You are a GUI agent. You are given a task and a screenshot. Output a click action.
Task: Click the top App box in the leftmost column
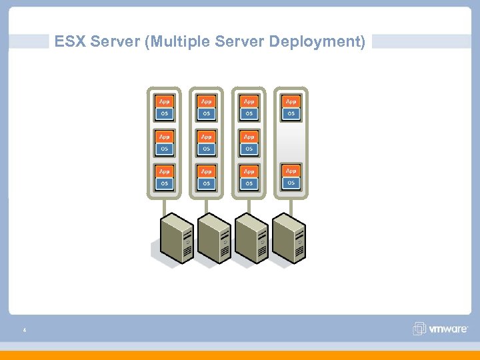(x=164, y=101)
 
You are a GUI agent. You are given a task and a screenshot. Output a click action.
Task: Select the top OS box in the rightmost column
(x=291, y=113)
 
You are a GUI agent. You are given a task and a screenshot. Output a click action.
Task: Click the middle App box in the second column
(x=206, y=137)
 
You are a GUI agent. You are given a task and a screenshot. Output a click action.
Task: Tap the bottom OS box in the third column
(x=249, y=183)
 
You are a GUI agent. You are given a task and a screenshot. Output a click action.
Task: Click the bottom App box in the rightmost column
(x=291, y=171)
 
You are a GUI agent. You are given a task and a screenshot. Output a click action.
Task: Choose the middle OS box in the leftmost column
(x=164, y=149)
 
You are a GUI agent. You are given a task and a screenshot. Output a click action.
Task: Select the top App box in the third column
(x=249, y=101)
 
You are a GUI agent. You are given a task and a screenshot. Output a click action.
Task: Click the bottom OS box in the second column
(x=206, y=183)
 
